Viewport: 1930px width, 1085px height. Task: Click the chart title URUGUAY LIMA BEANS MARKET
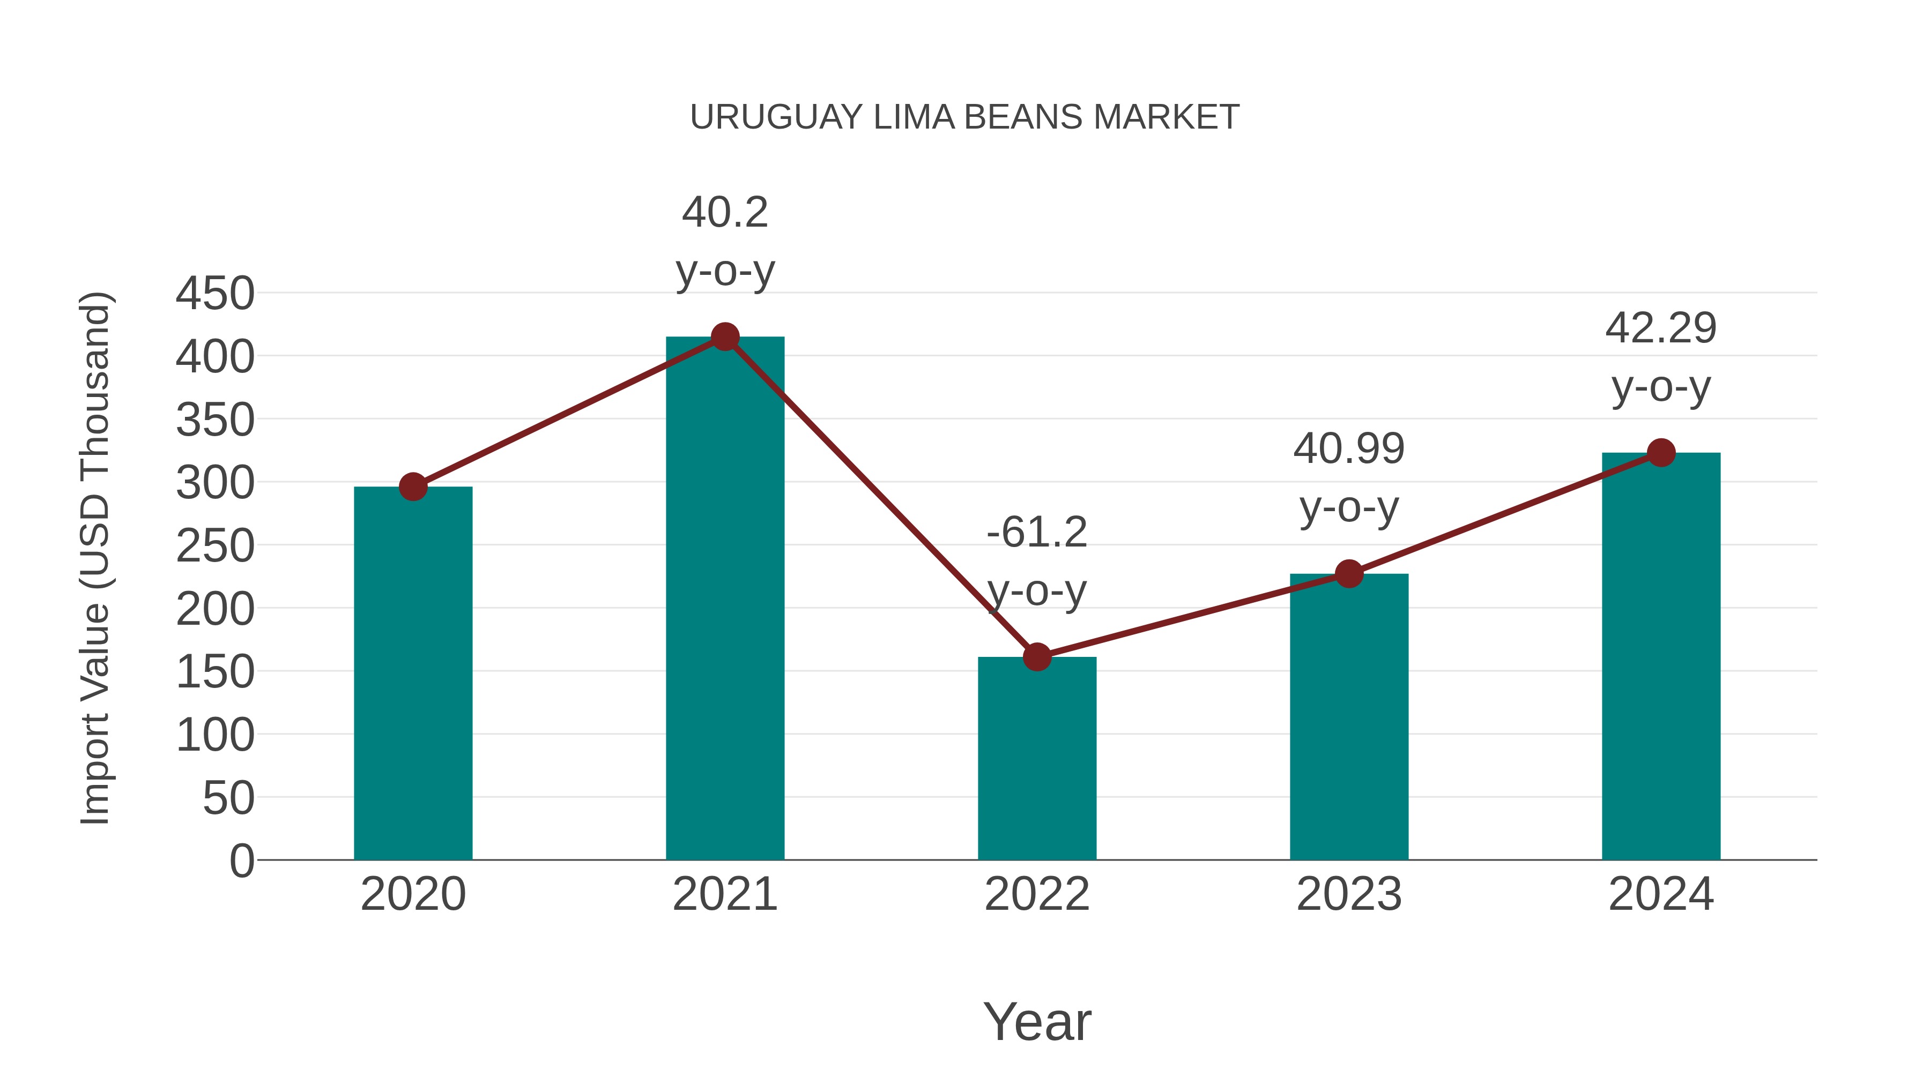964,117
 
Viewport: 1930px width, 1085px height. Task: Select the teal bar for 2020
413,674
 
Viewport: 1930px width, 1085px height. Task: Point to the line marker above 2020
413,487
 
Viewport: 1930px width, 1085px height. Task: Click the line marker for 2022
1037,657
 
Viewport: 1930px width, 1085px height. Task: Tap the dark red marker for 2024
1661,452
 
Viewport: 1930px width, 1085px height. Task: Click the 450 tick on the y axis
215,294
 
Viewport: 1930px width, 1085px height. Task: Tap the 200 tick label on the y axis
215,609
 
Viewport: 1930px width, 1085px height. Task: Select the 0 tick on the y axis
241,861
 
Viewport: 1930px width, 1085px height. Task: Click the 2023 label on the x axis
1349,894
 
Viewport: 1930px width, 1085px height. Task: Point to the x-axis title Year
1037,1021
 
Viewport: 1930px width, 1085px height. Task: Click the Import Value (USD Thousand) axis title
96,558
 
